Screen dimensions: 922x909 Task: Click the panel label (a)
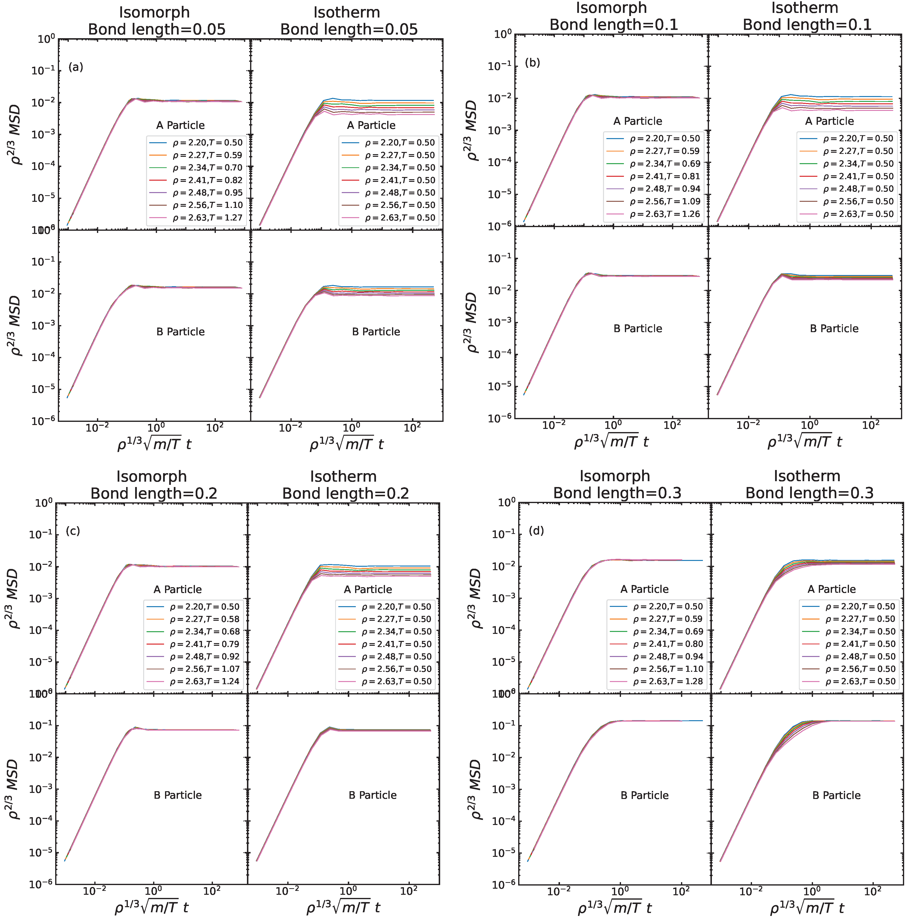click(x=75, y=67)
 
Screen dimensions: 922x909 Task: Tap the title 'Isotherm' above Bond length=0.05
click(x=347, y=12)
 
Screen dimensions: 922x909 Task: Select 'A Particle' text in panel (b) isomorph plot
click(x=638, y=121)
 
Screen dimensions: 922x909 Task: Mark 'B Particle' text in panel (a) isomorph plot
click(x=180, y=332)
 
